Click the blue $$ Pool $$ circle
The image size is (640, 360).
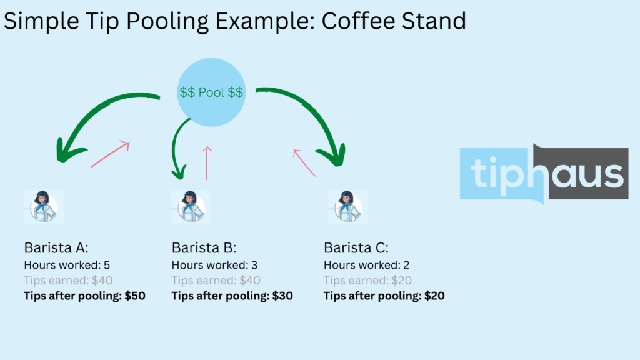click(x=211, y=92)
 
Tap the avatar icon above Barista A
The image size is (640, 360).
click(x=44, y=206)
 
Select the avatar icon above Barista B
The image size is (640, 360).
click(x=191, y=206)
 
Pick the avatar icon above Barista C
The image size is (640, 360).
click(x=348, y=206)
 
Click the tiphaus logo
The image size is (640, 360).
click(x=543, y=173)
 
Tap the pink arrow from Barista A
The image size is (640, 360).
click(x=110, y=155)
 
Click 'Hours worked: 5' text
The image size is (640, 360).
click(x=67, y=265)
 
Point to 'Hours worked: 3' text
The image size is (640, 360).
click(x=214, y=265)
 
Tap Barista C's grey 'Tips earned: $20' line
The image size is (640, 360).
click(x=367, y=281)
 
